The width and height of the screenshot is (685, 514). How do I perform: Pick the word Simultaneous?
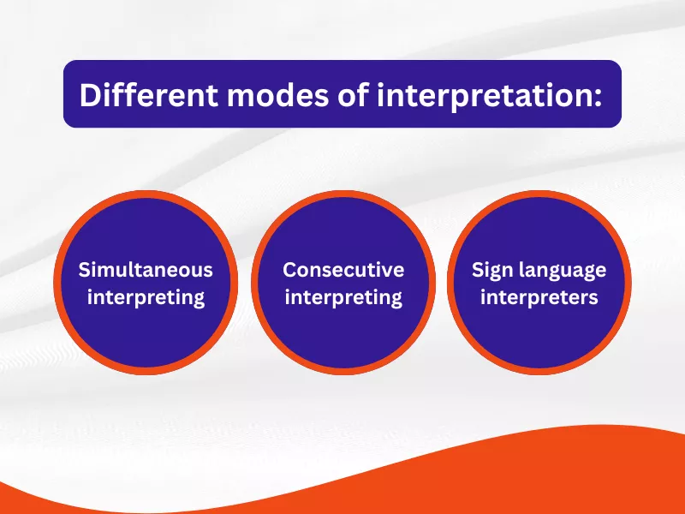click(146, 270)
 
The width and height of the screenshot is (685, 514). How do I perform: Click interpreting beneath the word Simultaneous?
click(146, 298)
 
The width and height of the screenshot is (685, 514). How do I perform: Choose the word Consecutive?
click(343, 270)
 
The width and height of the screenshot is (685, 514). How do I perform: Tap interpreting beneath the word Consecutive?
click(343, 298)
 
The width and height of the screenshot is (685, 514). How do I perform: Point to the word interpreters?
click(539, 298)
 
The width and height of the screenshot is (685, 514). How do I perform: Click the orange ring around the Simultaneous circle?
click(146, 195)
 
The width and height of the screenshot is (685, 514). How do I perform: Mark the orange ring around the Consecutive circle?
click(343, 195)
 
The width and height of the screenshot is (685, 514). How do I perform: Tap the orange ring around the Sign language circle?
click(539, 195)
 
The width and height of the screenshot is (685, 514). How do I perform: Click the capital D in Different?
click(88, 94)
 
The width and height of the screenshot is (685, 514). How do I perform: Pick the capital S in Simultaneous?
click(84, 270)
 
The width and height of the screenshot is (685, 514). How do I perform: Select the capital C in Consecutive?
click(289, 270)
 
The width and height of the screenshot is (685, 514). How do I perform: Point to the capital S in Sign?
click(478, 270)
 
